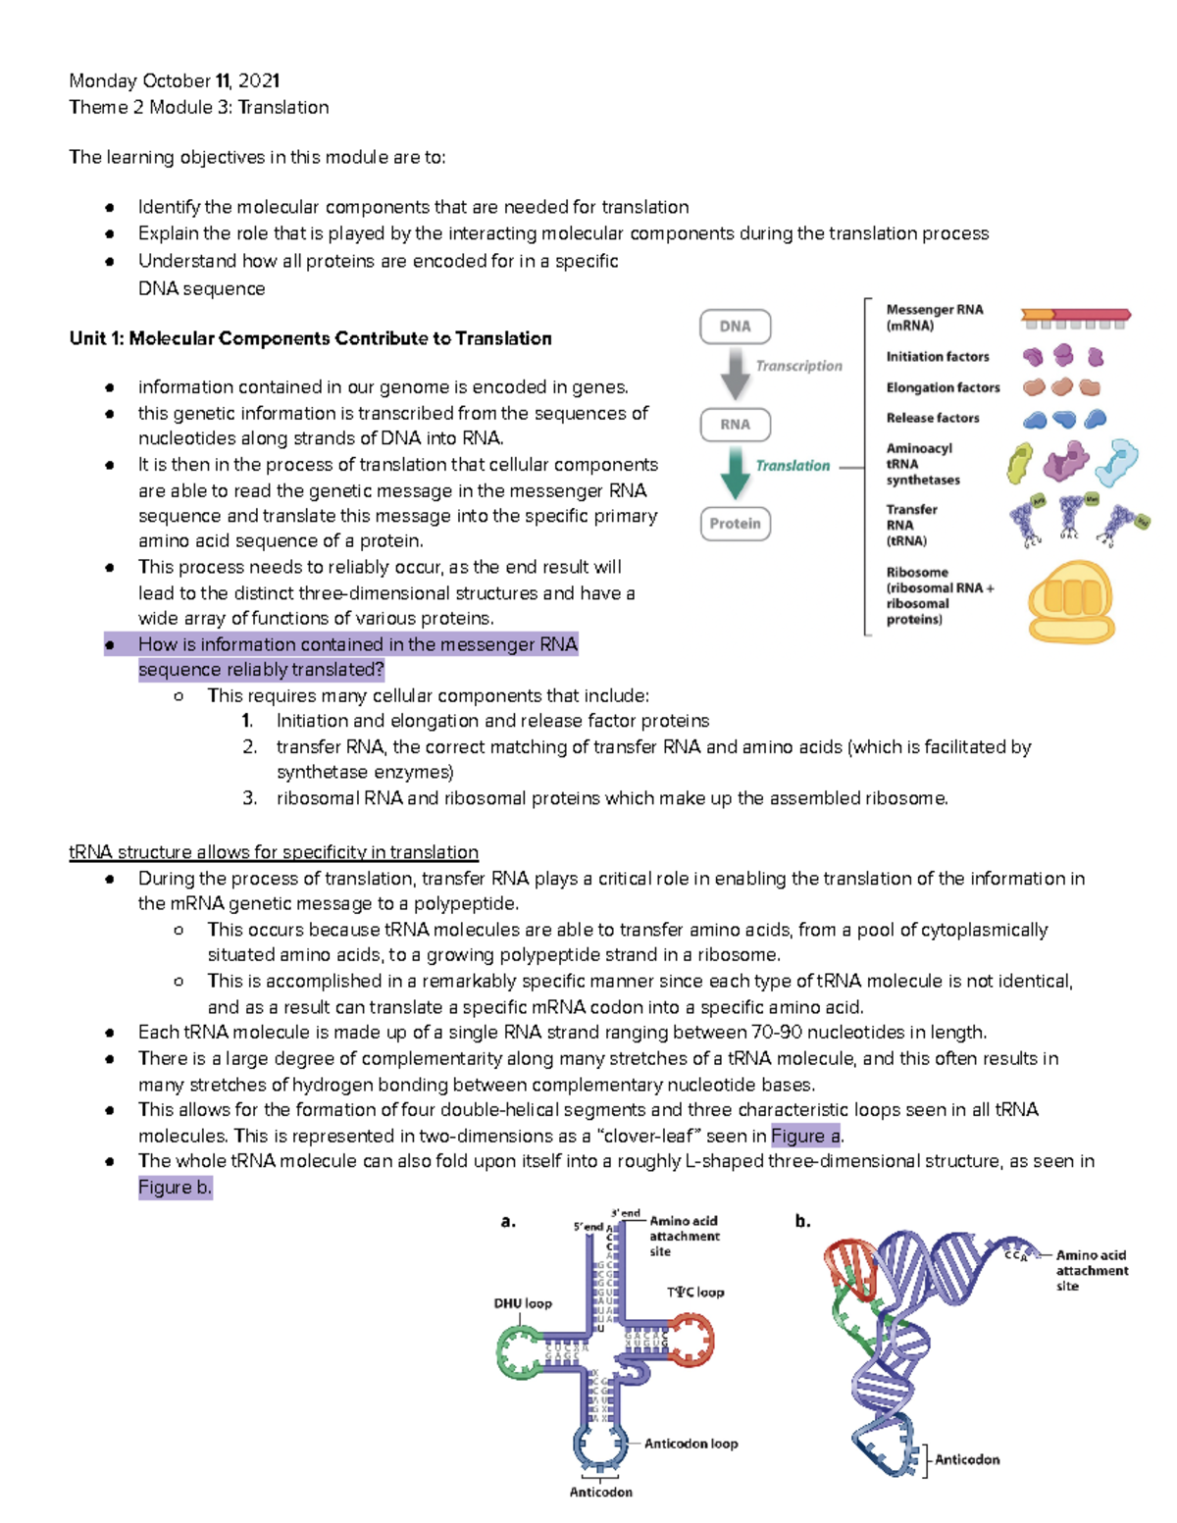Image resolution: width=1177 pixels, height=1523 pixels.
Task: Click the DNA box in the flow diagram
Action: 735,327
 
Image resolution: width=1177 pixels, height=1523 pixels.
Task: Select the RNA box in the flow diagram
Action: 735,425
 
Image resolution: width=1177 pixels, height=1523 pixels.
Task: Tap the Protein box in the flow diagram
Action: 735,524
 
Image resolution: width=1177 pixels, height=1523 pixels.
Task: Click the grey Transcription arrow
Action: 735,373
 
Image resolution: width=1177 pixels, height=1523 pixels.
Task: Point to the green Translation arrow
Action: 735,472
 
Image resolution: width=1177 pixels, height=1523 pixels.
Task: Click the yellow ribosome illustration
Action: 1070,601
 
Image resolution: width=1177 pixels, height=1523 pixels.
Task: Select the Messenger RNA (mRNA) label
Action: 934,317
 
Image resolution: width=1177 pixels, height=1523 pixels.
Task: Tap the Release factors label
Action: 932,418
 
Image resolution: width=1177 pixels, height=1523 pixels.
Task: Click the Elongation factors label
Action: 943,387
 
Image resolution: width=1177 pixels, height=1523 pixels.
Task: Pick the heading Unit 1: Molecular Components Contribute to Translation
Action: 310,338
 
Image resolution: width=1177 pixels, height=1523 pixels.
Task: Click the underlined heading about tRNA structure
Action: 274,852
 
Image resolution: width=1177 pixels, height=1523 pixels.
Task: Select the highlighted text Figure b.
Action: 175,1188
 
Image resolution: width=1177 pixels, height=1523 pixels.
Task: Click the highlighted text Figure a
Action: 805,1136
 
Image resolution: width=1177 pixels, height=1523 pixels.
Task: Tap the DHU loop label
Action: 522,1303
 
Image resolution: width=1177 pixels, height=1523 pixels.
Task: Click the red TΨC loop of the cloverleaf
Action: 691,1341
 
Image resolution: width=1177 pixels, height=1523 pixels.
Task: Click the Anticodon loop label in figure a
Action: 691,1444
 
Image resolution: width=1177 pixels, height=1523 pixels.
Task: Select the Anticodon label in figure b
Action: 966,1459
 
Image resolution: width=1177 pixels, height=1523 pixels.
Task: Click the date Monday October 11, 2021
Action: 175,80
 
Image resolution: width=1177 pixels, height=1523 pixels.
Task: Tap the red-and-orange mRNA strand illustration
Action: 1076,317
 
